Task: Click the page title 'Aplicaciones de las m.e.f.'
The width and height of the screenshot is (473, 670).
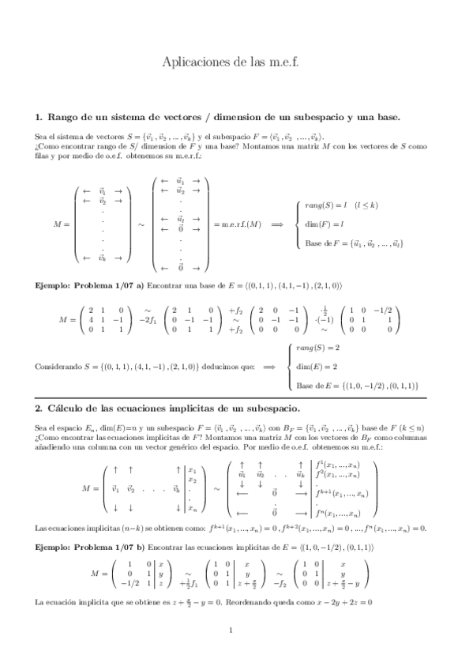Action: (236, 60)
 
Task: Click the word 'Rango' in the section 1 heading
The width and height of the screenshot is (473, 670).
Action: (64, 117)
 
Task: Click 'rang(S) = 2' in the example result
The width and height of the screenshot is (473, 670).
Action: (317, 326)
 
